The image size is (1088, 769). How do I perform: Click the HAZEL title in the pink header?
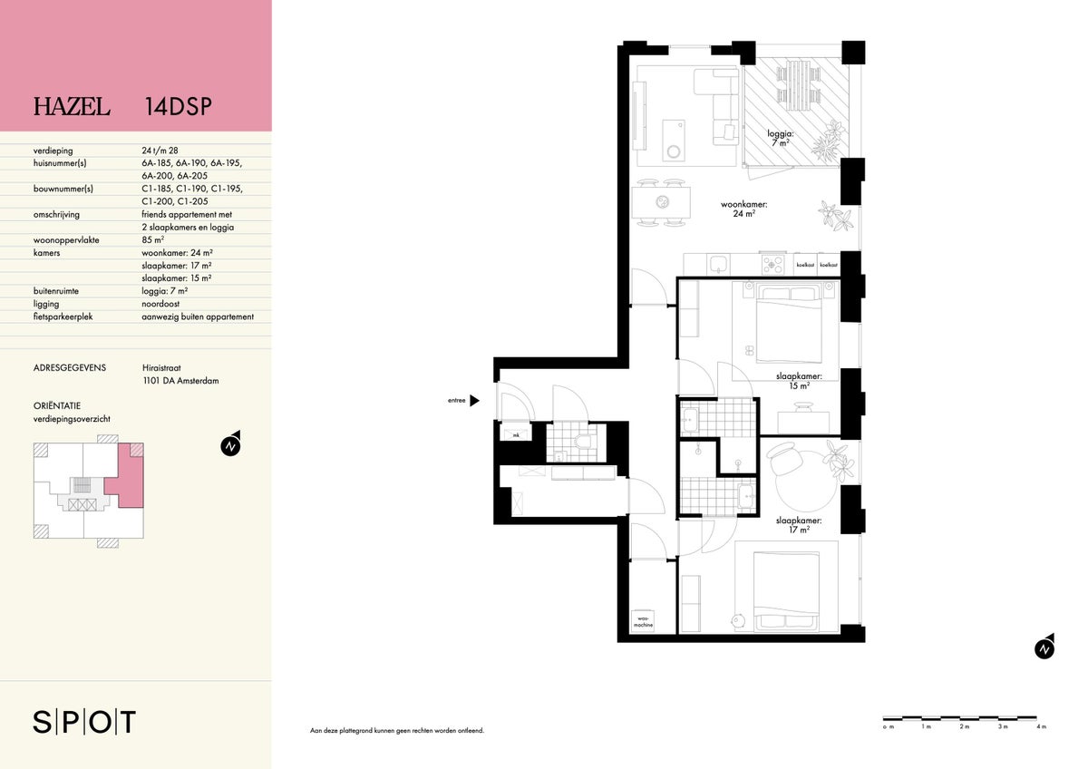pos(72,107)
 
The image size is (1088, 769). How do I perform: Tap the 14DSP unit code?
pos(179,107)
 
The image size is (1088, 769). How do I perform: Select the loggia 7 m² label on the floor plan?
pos(781,138)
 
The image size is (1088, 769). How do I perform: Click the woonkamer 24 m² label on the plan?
pos(743,209)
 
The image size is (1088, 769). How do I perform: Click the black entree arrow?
pos(474,400)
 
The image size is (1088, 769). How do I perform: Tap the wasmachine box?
pos(643,621)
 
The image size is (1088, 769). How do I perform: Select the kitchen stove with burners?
pos(772,265)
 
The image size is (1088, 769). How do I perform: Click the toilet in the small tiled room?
pos(583,441)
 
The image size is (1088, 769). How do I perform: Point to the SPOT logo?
pos(84,722)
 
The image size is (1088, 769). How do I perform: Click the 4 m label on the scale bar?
pos(1041,740)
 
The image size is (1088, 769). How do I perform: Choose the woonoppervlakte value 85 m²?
pos(153,240)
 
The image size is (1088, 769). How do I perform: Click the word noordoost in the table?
pos(160,304)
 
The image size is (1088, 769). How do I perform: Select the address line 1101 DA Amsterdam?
pos(180,381)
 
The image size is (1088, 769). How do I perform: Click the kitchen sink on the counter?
pos(719,265)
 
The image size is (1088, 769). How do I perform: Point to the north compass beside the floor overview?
pos(231,443)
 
